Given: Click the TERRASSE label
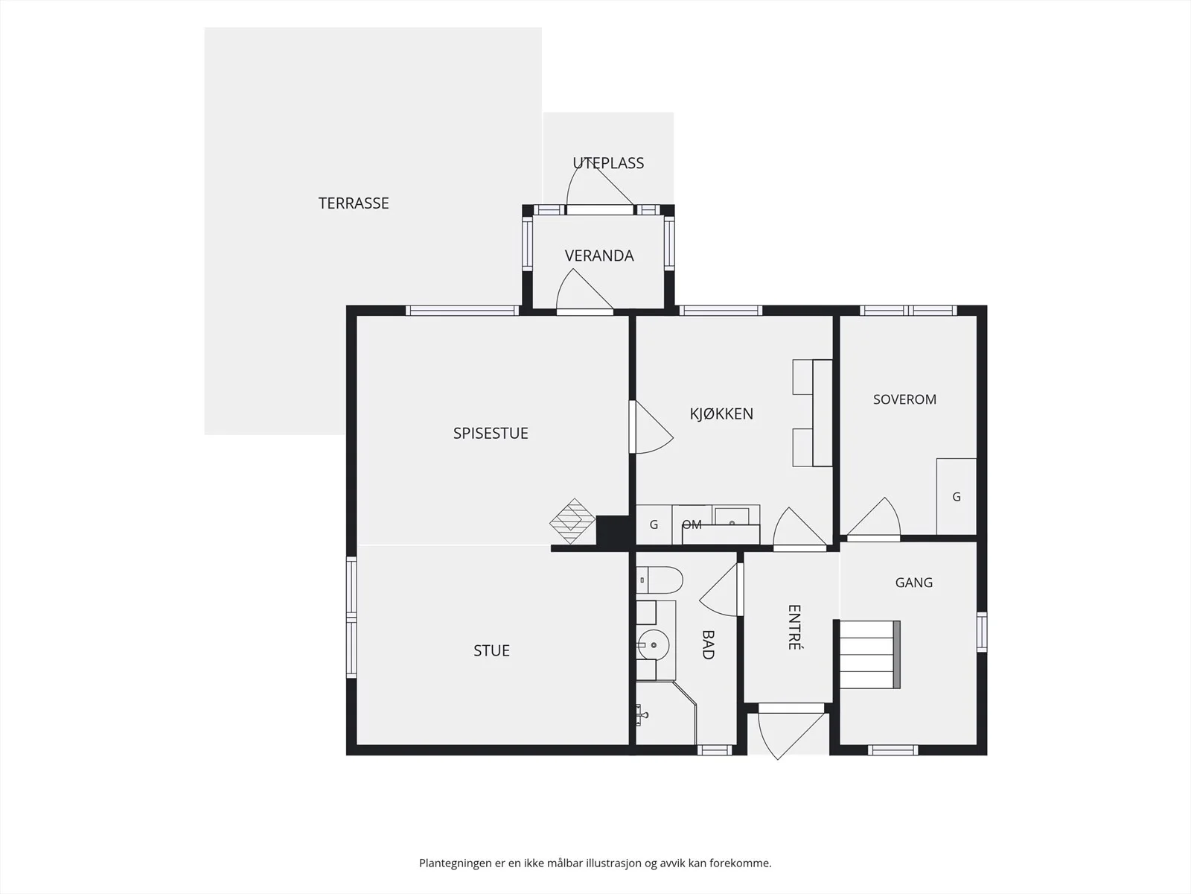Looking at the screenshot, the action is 354,203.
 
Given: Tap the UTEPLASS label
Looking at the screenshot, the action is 608,163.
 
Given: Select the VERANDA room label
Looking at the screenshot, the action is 599,256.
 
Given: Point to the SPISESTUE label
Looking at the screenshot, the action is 491,433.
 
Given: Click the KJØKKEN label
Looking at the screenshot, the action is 721,413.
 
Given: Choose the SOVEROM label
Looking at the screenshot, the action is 904,399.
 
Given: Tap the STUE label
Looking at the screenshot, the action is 491,650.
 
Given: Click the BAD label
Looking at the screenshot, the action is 708,645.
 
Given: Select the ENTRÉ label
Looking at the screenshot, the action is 794,627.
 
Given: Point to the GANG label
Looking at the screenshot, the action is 914,583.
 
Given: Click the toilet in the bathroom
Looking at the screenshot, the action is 660,580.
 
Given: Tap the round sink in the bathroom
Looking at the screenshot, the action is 654,645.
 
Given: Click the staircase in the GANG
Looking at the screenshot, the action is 869,655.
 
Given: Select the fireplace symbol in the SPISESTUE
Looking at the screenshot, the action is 572,521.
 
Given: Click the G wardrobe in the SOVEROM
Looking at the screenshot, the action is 956,497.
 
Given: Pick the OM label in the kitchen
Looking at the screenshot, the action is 692,524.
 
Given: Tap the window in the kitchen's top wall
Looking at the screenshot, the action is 721,311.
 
